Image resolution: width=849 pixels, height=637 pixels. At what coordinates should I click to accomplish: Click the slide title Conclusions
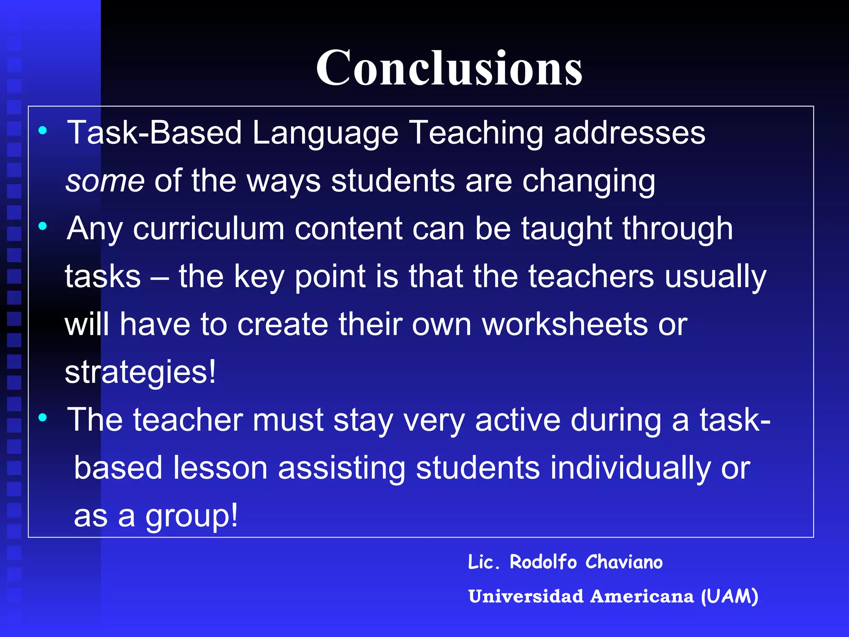coord(449,68)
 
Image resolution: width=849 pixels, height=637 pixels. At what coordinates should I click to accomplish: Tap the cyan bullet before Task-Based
coord(42,131)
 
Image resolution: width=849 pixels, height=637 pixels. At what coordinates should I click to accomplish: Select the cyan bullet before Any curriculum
coord(42,226)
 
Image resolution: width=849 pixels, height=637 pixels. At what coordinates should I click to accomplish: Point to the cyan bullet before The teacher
coord(42,418)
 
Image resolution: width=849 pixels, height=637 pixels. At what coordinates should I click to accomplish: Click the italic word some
coord(105,181)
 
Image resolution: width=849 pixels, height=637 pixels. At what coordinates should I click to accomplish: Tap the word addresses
coord(629,133)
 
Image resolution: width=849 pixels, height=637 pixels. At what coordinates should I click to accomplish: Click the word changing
coord(588,181)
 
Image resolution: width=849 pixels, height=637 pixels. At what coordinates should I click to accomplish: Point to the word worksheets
coord(565,324)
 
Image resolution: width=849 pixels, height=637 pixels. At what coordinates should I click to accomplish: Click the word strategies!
coord(140,372)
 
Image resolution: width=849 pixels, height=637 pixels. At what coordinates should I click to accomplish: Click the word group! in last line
coord(192,516)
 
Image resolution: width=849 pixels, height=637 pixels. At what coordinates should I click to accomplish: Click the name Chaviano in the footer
coord(624,562)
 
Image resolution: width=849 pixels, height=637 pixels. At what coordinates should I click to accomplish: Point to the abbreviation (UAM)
coord(729,596)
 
